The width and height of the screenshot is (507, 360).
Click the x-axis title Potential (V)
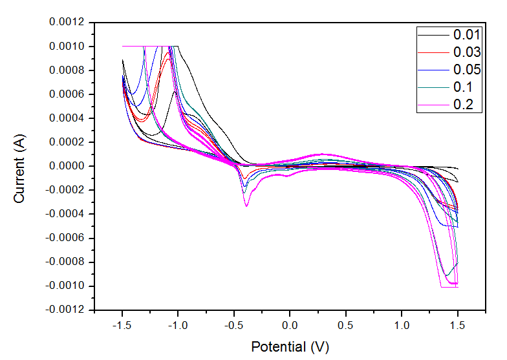[290, 347]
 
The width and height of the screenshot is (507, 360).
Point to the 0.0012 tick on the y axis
[67, 23]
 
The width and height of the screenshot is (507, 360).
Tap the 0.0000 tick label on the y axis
[67, 166]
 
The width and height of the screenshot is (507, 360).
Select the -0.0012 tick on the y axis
[65, 310]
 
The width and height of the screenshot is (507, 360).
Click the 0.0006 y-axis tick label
[67, 94]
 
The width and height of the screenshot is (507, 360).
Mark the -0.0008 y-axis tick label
[65, 262]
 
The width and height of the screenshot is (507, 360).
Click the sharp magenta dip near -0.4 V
[246, 205]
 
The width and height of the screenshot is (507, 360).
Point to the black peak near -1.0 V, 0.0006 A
[175, 92]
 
